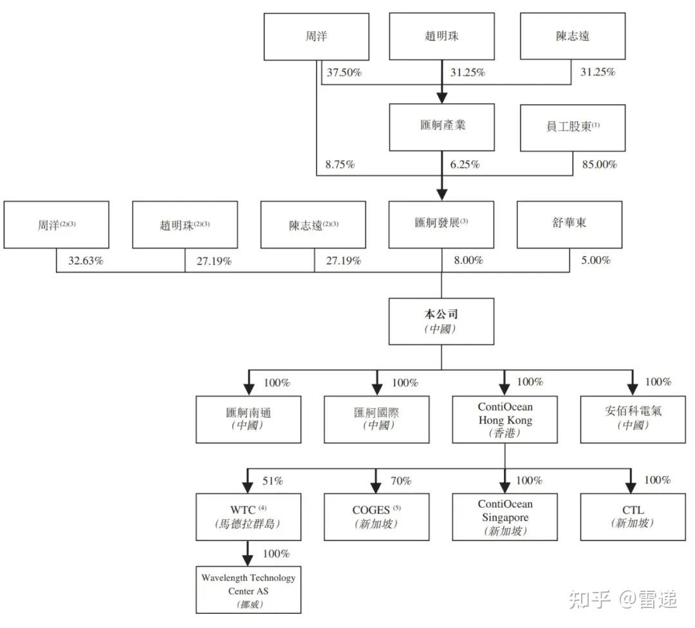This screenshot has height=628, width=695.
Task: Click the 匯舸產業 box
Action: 441,127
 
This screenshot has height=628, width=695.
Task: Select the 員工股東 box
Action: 572,127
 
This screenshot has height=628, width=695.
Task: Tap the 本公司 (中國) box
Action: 441,321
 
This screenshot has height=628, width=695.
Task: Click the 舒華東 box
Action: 570,225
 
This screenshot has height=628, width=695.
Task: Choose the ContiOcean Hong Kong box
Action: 505,420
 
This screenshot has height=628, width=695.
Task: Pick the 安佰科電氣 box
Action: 633,420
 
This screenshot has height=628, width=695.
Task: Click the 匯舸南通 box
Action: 248,420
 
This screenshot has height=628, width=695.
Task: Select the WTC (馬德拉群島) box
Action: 248,517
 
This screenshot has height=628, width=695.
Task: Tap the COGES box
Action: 376,517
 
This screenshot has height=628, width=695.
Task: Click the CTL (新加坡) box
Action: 633,517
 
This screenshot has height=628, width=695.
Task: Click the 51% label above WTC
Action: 273,481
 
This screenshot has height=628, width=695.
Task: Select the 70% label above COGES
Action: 401,481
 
